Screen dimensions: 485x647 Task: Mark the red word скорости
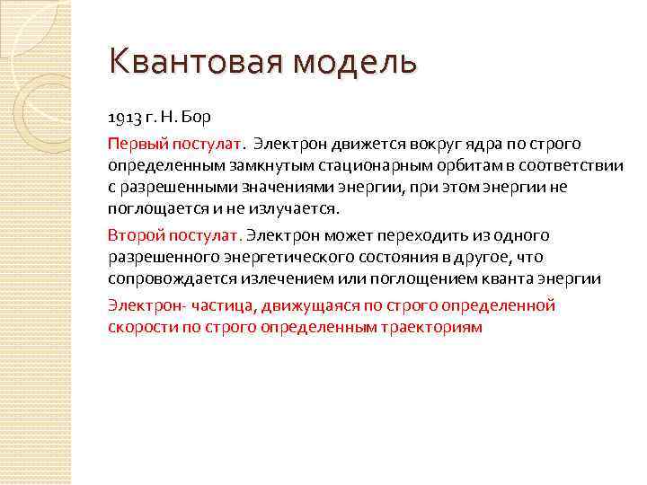(136, 327)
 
